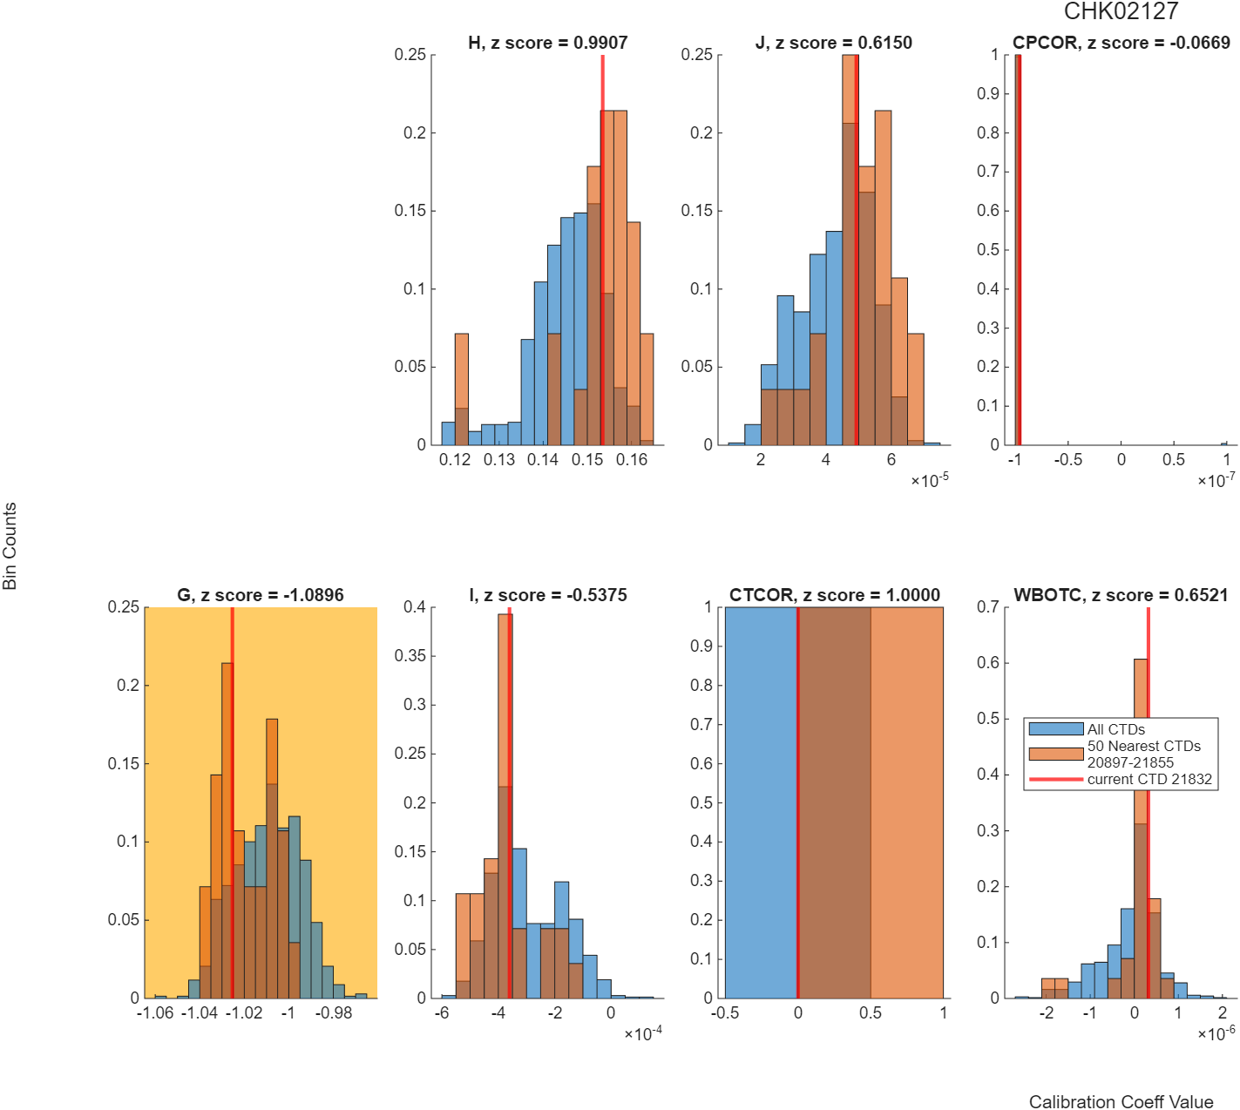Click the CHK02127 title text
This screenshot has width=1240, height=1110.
pos(1120,11)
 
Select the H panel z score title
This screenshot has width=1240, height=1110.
pos(547,43)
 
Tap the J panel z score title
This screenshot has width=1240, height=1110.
pos(833,43)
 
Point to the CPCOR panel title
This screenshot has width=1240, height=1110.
pos(1121,43)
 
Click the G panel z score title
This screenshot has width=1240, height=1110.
pos(261,595)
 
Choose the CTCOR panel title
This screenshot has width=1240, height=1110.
pos(834,595)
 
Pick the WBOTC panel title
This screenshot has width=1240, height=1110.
pos(1120,595)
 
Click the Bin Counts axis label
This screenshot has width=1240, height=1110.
pos(10,545)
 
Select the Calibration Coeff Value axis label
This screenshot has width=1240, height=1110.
pos(1121,1101)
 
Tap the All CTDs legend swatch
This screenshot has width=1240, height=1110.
pos(1056,728)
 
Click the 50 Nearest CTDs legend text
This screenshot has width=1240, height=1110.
pos(1143,746)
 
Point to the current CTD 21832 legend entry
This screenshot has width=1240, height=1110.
pos(1120,779)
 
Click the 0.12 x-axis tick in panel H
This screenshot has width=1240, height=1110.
pos(455,459)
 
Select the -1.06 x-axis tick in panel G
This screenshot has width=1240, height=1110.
pos(155,1012)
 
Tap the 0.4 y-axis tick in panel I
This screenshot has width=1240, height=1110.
pos(415,607)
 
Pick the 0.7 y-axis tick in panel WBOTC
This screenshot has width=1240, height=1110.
pos(988,607)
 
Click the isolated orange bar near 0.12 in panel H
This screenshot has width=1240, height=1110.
pos(462,389)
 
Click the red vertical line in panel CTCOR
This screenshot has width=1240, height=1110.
pos(797,802)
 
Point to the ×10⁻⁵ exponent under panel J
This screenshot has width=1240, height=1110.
pos(929,480)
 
